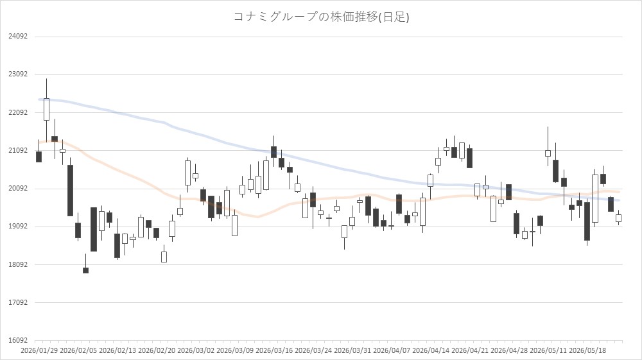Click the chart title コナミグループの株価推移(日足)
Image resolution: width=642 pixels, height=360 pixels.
321,17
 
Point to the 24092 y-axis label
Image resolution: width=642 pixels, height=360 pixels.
18,37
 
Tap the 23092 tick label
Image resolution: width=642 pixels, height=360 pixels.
18,74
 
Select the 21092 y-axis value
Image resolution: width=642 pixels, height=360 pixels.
18,151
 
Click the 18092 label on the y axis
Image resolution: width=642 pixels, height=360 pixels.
18,264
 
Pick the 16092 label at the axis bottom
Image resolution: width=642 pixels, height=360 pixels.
18,340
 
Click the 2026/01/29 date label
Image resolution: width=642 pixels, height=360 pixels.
39,351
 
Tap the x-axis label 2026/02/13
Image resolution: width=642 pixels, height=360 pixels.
117,351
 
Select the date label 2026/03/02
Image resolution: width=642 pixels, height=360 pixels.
196,351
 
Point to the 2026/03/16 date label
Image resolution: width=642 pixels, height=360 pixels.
274,351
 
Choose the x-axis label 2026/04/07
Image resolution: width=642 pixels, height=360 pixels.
392,351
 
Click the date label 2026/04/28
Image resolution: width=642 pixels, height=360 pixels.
509,351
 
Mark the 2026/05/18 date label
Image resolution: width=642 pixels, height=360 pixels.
587,351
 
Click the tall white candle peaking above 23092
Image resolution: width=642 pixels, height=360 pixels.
47,109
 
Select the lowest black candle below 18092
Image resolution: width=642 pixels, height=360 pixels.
85,270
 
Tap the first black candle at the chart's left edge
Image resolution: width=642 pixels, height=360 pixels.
39,157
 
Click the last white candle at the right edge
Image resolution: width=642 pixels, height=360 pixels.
619,218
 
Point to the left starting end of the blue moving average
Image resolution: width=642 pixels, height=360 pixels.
39,99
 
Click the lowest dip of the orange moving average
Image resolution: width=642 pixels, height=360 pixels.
257,217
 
